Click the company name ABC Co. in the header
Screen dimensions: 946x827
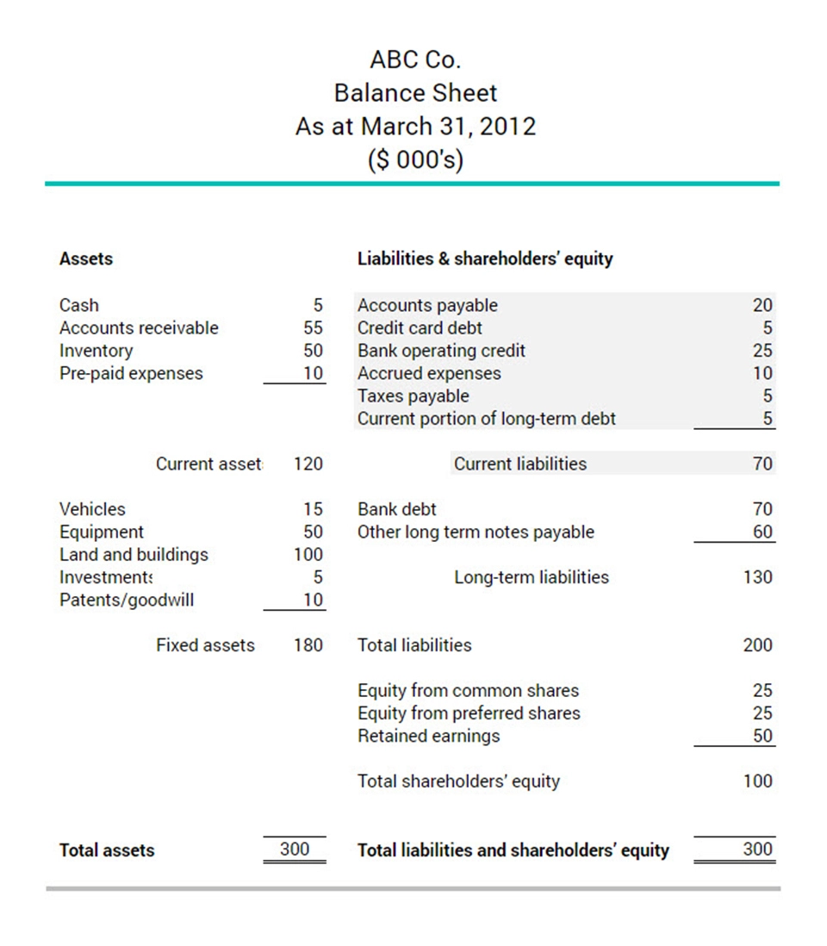415,59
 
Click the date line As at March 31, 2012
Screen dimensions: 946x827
415,127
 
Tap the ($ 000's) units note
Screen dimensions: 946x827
415,160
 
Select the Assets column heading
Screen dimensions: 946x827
86,258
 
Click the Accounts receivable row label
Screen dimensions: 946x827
139,328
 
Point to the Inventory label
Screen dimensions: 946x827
96,351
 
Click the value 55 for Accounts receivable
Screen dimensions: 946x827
313,328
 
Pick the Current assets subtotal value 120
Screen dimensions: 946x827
308,464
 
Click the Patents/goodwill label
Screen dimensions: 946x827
127,601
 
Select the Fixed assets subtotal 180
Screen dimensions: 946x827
308,645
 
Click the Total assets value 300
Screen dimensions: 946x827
295,850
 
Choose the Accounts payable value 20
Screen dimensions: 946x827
762,305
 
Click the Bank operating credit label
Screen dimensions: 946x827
441,351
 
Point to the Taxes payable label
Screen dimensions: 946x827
413,396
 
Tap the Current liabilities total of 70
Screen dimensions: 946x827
762,464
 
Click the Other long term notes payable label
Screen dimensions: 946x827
476,532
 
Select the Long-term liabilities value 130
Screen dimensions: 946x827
758,577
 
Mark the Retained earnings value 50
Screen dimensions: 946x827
762,737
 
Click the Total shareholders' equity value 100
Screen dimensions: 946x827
758,781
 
